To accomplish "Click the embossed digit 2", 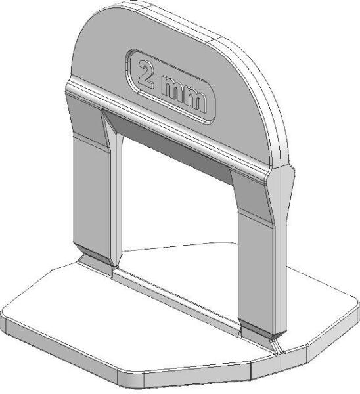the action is click(146, 75).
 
